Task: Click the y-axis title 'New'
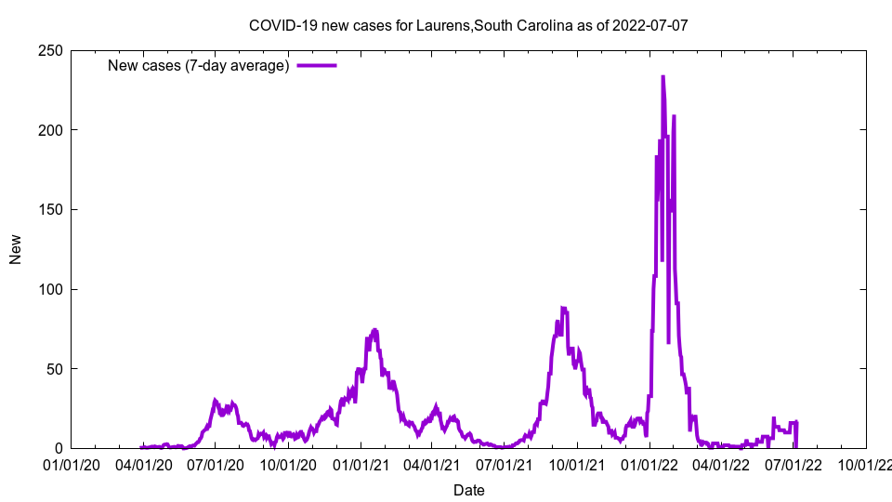pyautogui.click(x=16, y=249)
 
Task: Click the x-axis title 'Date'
pyautogui.click(x=468, y=490)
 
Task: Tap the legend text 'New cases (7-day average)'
pyautogui.click(x=198, y=65)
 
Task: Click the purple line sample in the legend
pyautogui.click(x=316, y=65)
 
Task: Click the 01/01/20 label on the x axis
pyautogui.click(x=72, y=465)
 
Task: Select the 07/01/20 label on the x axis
pyautogui.click(x=216, y=465)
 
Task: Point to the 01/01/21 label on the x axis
pyautogui.click(x=361, y=465)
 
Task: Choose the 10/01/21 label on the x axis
pyautogui.click(x=577, y=465)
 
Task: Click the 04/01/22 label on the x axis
pyautogui.click(x=721, y=465)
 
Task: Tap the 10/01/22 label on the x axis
pyautogui.click(x=865, y=465)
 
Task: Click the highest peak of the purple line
pyautogui.click(x=662, y=77)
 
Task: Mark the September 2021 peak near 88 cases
pyautogui.click(x=563, y=308)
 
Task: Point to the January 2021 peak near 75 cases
pyautogui.click(x=374, y=330)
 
